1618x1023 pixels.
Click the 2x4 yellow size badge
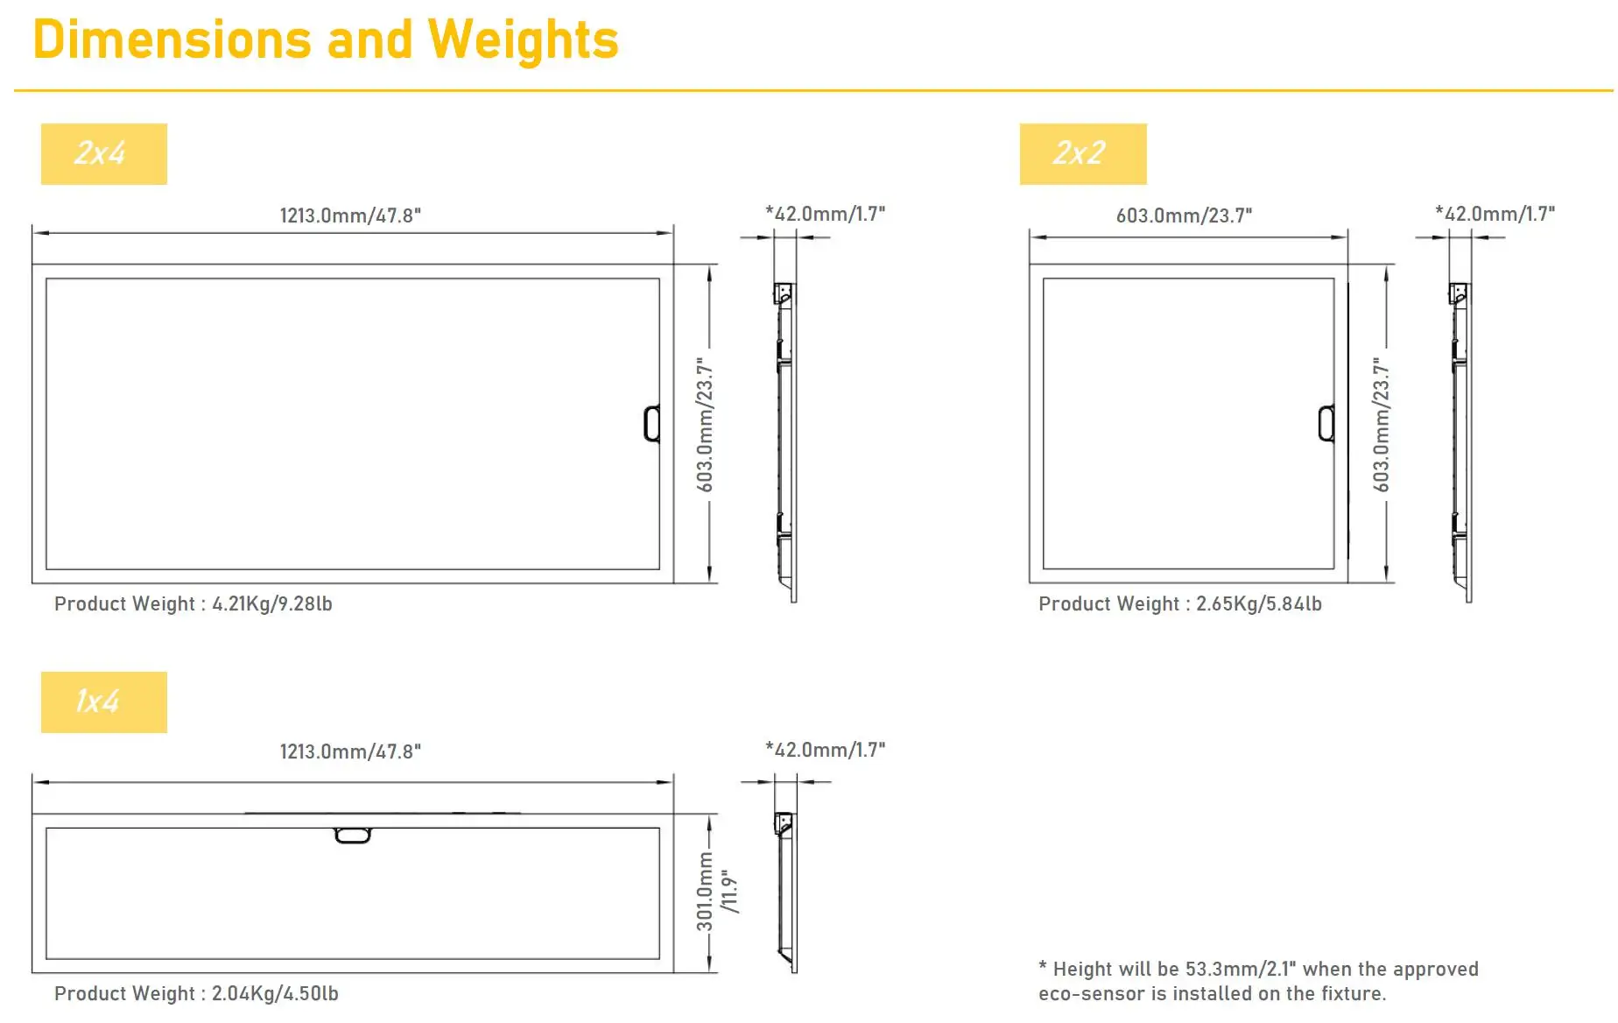click(x=103, y=154)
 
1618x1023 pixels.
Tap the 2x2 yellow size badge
click(x=1082, y=154)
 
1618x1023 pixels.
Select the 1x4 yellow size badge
click(x=103, y=702)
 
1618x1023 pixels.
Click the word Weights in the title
click(x=523, y=40)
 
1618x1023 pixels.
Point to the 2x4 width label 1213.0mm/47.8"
click(x=350, y=215)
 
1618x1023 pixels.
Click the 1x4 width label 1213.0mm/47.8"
click(x=350, y=751)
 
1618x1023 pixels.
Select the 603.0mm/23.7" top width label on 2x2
click(x=1184, y=215)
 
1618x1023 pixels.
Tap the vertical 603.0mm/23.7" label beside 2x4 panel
click(x=705, y=424)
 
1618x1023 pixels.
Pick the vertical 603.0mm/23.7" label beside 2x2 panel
click(x=1381, y=424)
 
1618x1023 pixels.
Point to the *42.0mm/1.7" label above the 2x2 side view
click(x=1495, y=214)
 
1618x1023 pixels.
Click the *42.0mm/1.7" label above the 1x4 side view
click(x=825, y=750)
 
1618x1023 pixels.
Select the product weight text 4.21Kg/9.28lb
click(x=271, y=604)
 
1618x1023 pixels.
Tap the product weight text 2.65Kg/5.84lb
click(x=1258, y=604)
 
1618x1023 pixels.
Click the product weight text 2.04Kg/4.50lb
click(x=275, y=994)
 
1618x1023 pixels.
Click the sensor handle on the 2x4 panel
click(x=651, y=424)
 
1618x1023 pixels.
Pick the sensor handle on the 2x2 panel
click(x=1326, y=424)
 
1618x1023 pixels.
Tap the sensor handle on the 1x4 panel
click(x=353, y=836)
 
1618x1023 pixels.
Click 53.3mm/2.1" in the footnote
click(x=1241, y=970)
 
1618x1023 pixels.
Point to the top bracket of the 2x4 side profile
click(x=784, y=293)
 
